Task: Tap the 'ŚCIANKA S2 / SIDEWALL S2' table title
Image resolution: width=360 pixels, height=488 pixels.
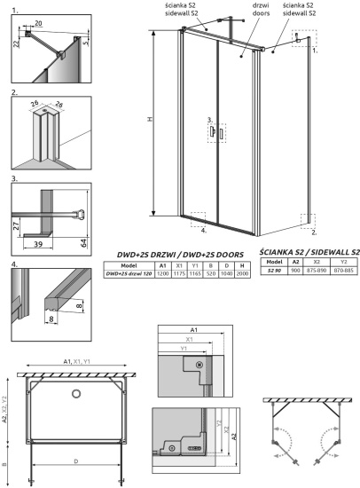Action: pyautogui.click(x=309, y=253)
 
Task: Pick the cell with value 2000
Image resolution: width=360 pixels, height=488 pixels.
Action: pyautogui.click(x=242, y=274)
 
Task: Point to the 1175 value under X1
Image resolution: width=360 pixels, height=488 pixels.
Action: pyautogui.click(x=180, y=274)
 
